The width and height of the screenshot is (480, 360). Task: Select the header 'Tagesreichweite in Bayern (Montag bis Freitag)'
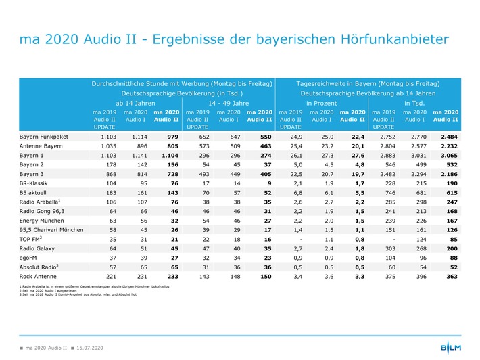[368, 83]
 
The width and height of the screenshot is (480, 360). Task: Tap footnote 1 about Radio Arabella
[91, 287]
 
